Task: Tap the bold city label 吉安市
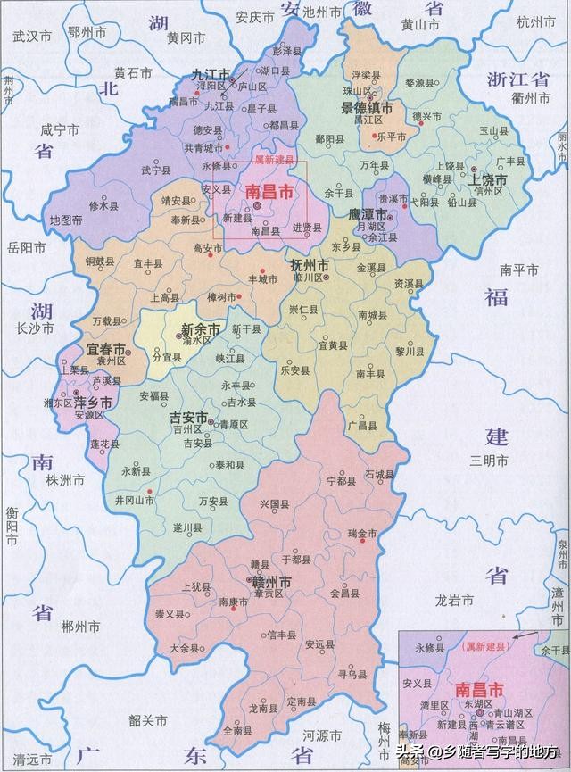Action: tap(189, 418)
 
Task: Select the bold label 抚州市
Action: tap(310, 265)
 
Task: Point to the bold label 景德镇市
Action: tap(361, 108)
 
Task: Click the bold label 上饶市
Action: tap(488, 180)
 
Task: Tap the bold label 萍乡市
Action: tap(94, 403)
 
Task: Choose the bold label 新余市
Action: tap(201, 328)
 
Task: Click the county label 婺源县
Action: tap(422, 82)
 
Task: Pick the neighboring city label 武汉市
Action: tap(32, 37)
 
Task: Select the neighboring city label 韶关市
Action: tap(149, 719)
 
